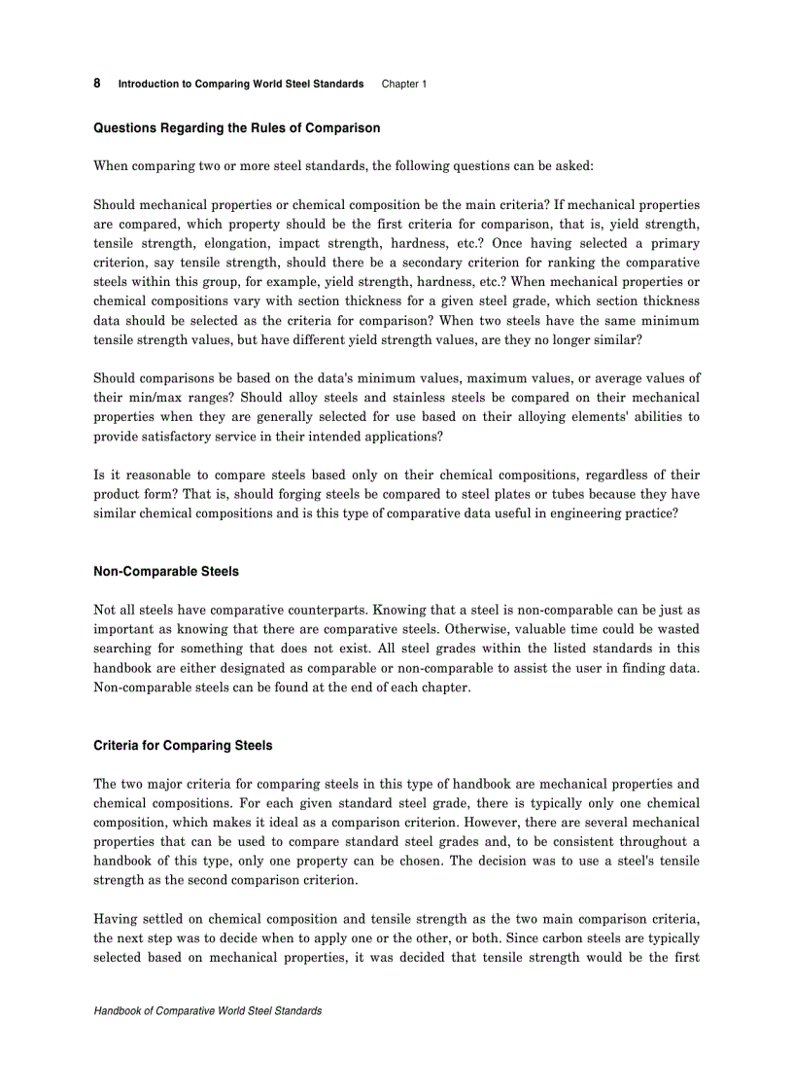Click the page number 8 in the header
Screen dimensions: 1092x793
97,83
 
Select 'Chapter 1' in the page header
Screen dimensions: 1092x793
403,84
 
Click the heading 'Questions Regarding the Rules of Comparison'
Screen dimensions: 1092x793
236,127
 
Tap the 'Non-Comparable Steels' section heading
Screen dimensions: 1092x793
166,571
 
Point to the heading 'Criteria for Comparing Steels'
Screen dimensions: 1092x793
183,745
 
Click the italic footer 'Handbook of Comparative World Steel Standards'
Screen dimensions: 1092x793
207,1010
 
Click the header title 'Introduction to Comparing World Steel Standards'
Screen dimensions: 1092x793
240,84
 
